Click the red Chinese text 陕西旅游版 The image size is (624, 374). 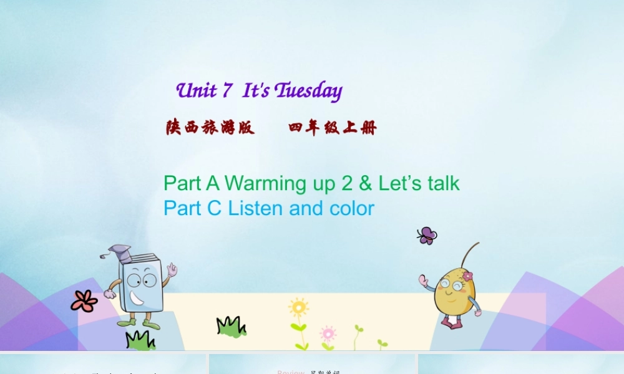click(x=210, y=128)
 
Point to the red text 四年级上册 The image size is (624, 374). click(x=333, y=128)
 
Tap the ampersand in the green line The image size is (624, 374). click(x=366, y=183)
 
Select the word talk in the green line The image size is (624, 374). click(x=443, y=183)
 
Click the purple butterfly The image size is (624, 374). click(x=427, y=236)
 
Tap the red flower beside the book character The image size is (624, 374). click(x=84, y=301)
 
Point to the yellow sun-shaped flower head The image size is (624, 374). click(x=299, y=307)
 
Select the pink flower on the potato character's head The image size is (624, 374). click(x=467, y=276)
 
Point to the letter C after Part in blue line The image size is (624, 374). click(x=215, y=208)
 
